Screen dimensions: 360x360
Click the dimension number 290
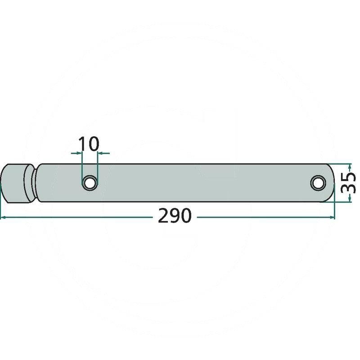click(x=175, y=216)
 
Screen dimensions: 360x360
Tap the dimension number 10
click(x=89, y=144)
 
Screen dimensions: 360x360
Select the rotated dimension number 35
click(x=348, y=183)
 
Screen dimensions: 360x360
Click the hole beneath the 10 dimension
click(x=90, y=183)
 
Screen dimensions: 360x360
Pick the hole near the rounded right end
click(x=318, y=183)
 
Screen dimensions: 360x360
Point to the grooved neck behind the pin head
click(x=35, y=183)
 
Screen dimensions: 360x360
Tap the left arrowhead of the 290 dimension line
click(x=3, y=217)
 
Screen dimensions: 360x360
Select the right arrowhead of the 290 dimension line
click(x=332, y=217)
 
